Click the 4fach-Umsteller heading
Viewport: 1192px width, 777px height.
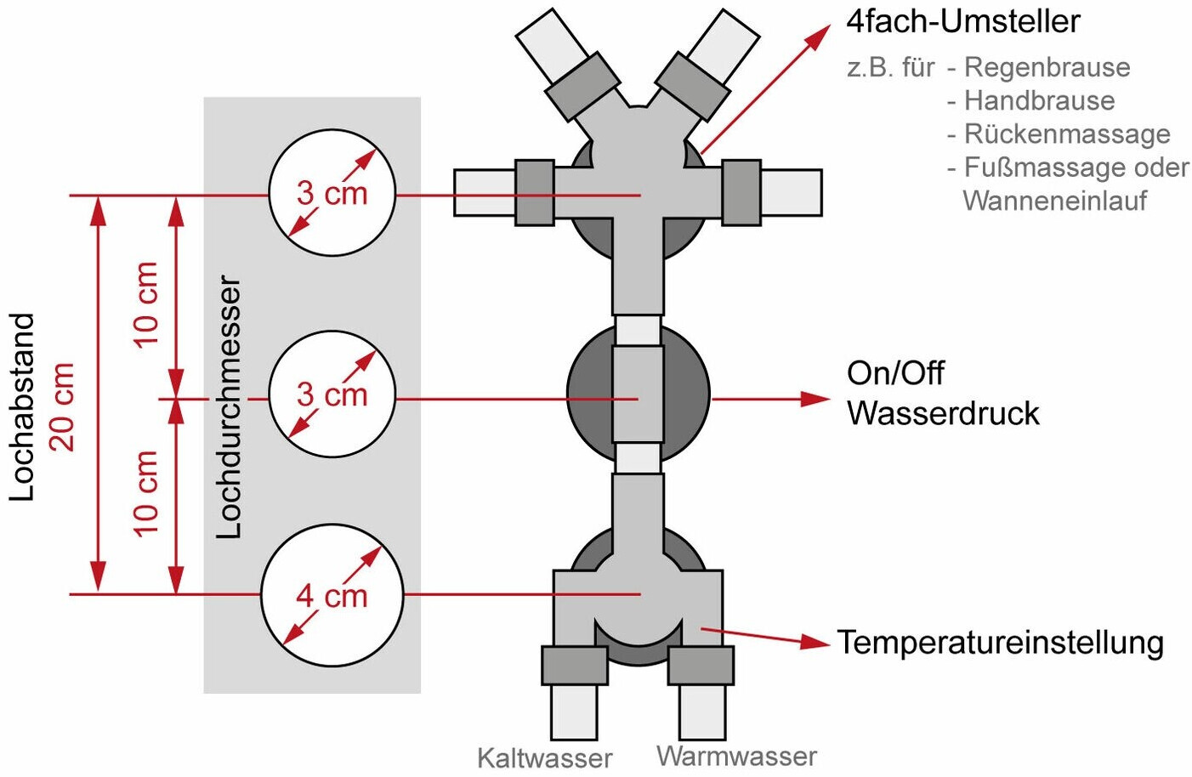(963, 22)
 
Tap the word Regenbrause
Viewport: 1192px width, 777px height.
(1047, 68)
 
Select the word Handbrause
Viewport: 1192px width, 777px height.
(1039, 100)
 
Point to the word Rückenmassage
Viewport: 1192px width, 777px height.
(1068, 134)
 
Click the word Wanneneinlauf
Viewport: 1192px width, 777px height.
(1055, 201)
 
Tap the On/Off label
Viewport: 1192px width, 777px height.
(895, 373)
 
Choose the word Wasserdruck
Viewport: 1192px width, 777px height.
(943, 413)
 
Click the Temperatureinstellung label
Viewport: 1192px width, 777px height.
(1001, 643)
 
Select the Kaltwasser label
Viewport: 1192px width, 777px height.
(545, 757)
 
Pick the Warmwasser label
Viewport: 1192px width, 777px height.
(736, 757)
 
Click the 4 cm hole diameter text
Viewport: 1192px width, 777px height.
(332, 596)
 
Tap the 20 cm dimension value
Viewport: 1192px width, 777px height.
(61, 407)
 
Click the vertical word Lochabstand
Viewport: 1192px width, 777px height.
(22, 407)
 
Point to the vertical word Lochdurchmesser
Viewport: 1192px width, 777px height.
(229, 407)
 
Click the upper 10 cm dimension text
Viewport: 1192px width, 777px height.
(145, 305)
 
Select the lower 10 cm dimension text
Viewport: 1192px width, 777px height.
(145, 494)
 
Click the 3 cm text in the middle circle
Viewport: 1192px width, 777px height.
(332, 395)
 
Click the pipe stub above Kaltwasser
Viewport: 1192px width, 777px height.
(574, 712)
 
